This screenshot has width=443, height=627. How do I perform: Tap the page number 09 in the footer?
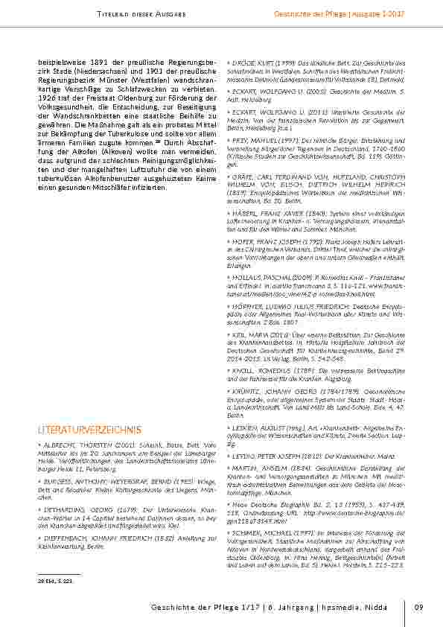420,608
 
